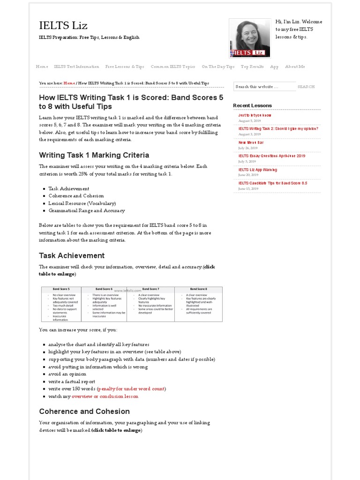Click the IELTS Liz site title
click(63, 25)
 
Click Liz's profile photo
click(249, 38)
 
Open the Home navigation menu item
click(42, 67)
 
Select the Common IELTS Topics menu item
click(173, 67)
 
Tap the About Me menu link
click(295, 67)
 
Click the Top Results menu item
click(252, 67)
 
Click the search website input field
click(264, 87)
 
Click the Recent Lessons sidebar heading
click(252, 105)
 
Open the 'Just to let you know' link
click(255, 115)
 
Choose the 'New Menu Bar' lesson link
click(251, 142)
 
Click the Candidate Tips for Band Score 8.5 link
click(272, 183)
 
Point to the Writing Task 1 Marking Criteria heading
click(94, 155)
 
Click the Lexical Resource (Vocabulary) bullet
click(82, 203)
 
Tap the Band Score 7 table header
click(151, 289)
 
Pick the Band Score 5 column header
click(61, 289)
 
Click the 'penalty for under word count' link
click(131, 389)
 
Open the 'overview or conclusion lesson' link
click(105, 396)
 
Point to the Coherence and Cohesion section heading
click(84, 412)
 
